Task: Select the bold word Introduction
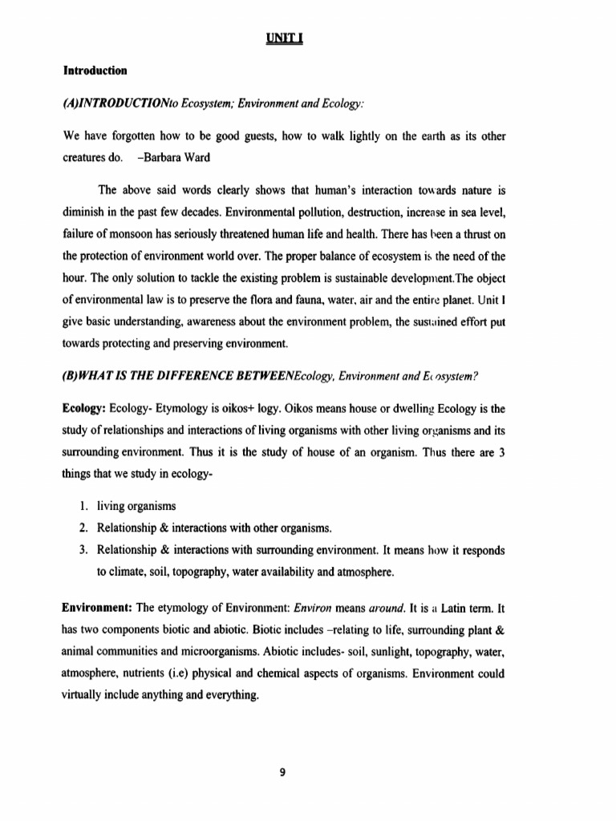pyautogui.click(x=95, y=71)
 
